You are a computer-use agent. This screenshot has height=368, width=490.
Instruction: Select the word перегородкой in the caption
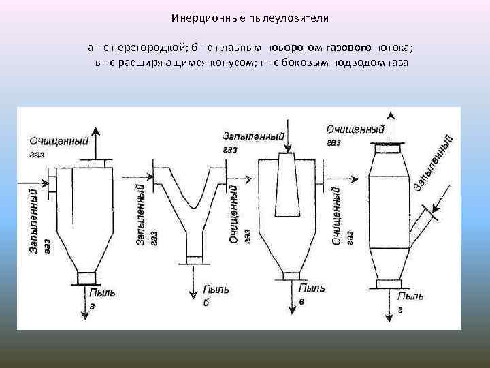tap(153, 47)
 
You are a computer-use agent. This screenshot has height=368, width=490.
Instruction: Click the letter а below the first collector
tap(93, 307)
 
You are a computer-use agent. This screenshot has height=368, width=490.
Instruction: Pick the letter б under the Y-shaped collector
tap(206, 303)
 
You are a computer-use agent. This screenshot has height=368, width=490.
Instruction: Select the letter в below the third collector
tap(300, 301)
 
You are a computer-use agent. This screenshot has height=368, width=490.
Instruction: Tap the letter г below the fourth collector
tap(400, 309)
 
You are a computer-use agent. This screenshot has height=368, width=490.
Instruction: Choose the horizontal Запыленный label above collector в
tap(253, 136)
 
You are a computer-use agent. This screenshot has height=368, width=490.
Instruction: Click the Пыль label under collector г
tap(411, 296)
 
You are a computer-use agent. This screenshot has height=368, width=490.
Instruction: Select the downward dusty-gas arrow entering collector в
tap(289, 140)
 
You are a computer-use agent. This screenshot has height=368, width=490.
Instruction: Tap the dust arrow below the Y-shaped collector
tap(195, 279)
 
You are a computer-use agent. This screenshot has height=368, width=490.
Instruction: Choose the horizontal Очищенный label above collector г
tap(355, 129)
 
